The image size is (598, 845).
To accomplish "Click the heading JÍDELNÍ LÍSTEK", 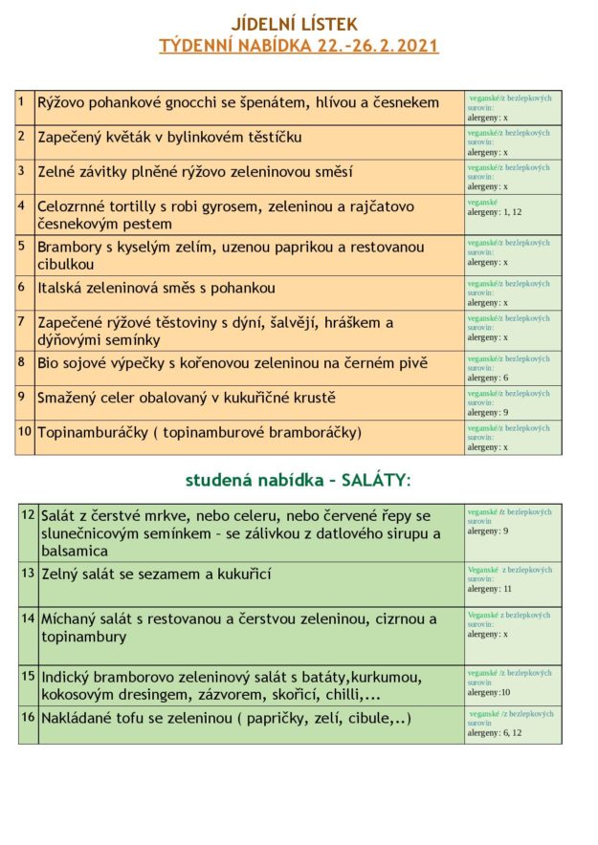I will (298, 24).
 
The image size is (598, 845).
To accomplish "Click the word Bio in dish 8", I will (50, 363).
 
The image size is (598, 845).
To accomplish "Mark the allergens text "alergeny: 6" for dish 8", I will (487, 378).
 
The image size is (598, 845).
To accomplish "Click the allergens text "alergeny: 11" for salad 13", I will (490, 589).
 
